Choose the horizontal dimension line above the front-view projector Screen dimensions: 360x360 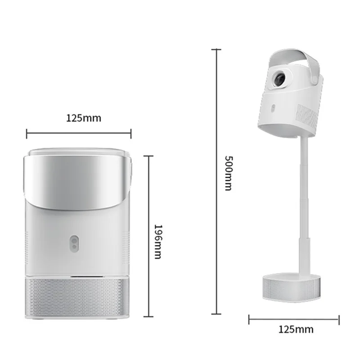[x=79, y=132]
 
